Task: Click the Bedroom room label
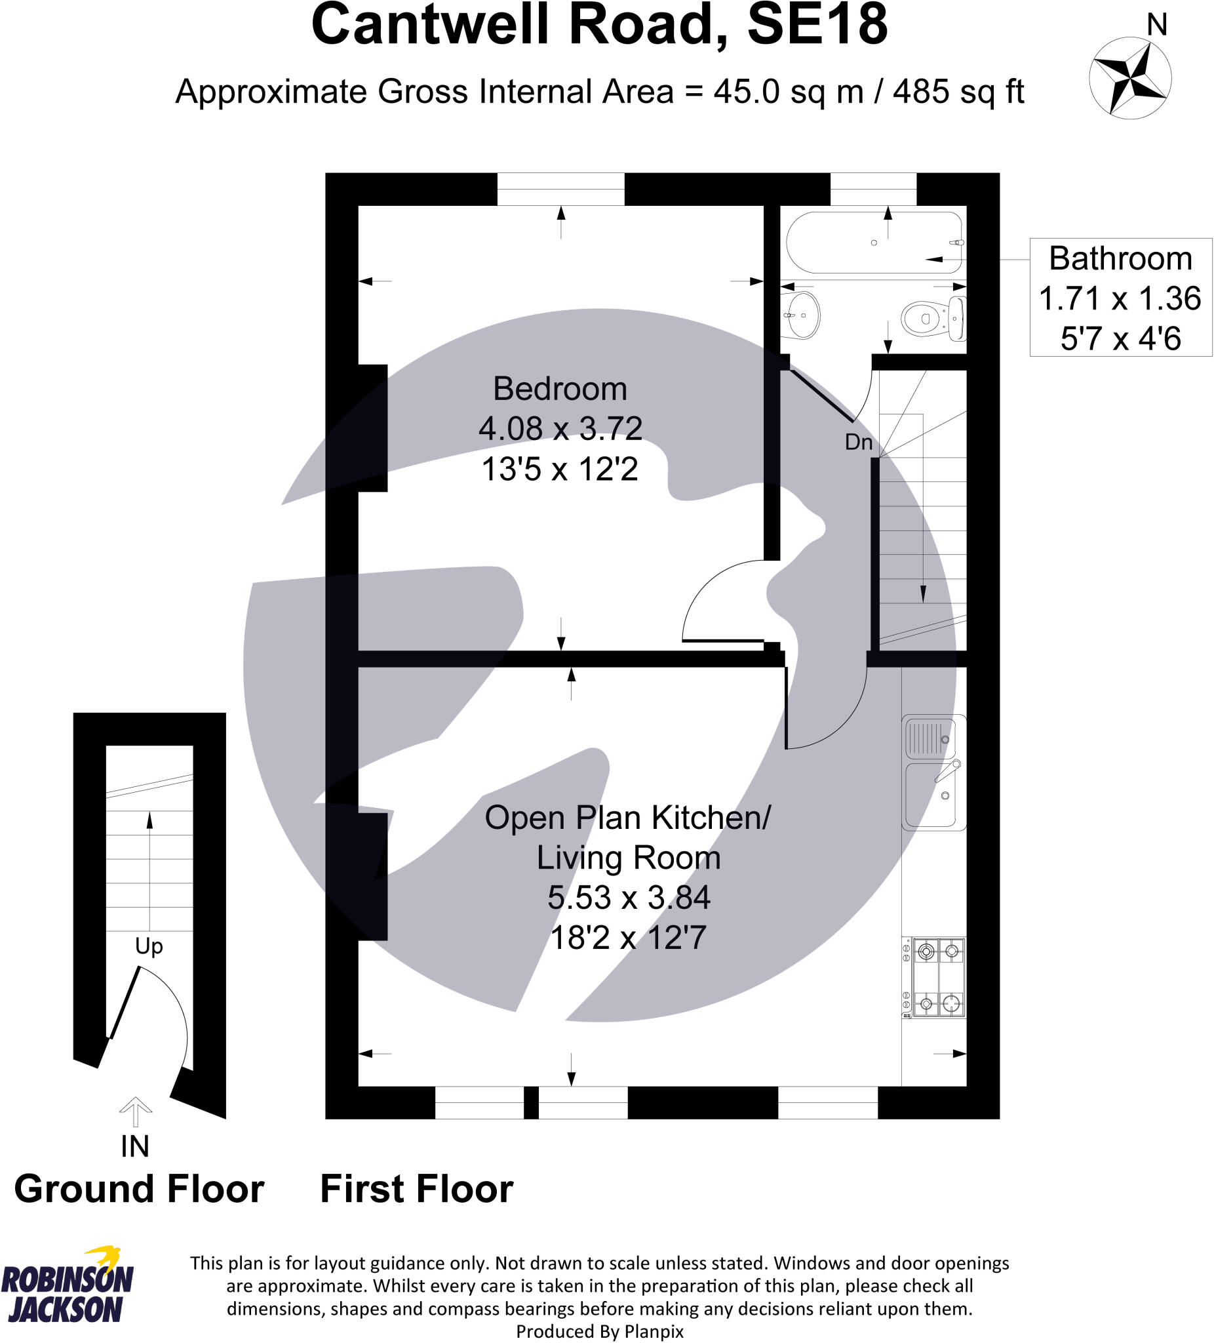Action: (559, 389)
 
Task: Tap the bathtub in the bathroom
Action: (873, 243)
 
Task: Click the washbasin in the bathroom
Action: (802, 315)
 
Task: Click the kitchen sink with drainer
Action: (933, 771)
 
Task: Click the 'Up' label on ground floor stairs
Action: (149, 946)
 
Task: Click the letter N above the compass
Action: (1157, 26)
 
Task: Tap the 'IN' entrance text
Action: (134, 1146)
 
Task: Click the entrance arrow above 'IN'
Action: (135, 1110)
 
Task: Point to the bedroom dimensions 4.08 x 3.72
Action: (560, 428)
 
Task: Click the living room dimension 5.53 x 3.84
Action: (628, 897)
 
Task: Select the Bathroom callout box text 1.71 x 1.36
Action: (1120, 298)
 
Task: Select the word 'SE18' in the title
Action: (817, 26)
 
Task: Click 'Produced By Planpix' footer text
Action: (599, 1331)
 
